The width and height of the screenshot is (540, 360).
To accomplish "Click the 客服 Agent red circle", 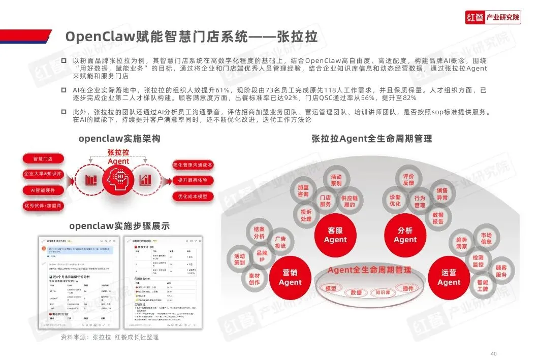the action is click(335, 235).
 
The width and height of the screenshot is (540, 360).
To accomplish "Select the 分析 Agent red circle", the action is click(405, 235).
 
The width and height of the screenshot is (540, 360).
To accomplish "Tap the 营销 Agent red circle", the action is click(290, 277).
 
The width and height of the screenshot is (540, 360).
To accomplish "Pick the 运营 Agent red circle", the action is click(449, 277).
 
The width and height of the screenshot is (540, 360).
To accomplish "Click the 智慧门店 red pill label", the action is click(43, 158).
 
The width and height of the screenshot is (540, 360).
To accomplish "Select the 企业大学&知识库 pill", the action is click(43, 174).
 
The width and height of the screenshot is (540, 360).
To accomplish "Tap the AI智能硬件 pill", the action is click(43, 190).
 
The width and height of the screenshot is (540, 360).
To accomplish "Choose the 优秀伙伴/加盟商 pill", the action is click(43, 206).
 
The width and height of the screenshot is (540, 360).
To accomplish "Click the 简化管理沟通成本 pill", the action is click(193, 165).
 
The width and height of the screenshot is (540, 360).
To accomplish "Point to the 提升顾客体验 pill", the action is click(193, 180).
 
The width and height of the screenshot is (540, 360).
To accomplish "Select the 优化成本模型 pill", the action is click(193, 196).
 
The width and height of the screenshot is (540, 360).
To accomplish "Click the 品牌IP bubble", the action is click(261, 256).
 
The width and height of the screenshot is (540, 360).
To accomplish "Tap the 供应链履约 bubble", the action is click(350, 202).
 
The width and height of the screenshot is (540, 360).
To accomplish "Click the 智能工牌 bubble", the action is click(482, 286).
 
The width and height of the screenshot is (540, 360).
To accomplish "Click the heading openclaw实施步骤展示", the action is click(119, 225).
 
